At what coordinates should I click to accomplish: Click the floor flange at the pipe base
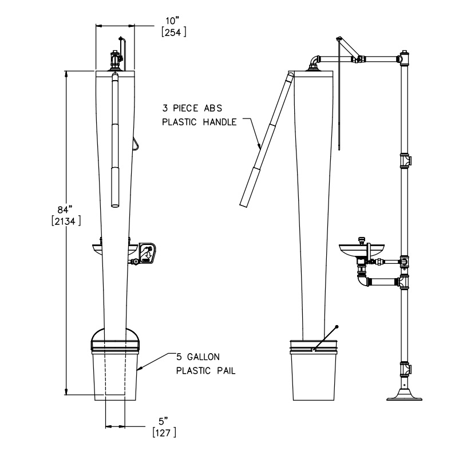[406, 394]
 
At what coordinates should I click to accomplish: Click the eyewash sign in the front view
[147, 252]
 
